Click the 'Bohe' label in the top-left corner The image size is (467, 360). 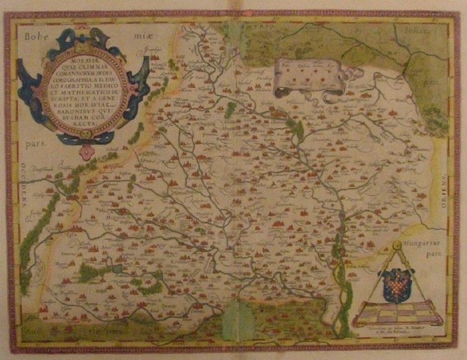click(x=37, y=35)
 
